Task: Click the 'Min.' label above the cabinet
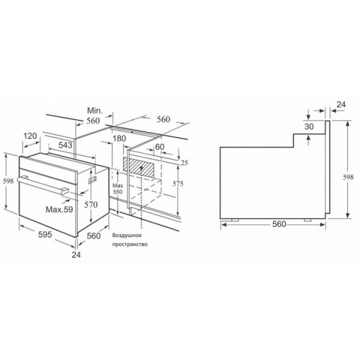[x=95, y=110]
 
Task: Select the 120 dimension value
[x=30, y=136]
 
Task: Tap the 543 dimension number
[x=65, y=145]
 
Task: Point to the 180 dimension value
[x=119, y=139]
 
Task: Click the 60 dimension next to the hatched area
[x=160, y=147]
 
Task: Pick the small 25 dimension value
[x=184, y=163]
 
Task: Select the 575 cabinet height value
[x=178, y=184]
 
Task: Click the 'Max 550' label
[x=118, y=189]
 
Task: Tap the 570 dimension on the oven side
[x=91, y=205]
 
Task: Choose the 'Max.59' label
[x=59, y=209]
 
